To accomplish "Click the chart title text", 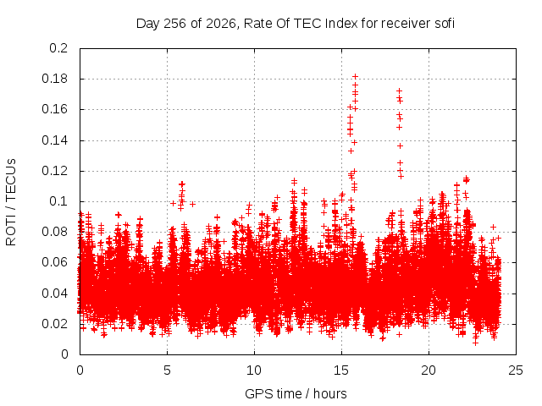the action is pos(296,24).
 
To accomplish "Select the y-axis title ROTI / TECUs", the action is pos(11,202).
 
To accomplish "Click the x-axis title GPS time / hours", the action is pos(296,393).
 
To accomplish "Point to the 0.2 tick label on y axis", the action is pos(58,48).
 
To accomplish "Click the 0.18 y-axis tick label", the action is pos(54,79).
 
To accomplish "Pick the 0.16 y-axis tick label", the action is pos(54,109).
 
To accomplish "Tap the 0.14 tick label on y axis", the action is pos(54,140).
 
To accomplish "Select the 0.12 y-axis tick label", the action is pos(54,171).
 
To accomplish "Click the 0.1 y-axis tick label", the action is pos(58,201).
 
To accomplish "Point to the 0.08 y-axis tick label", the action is pos(54,232).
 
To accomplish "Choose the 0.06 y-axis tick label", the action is pos(54,262).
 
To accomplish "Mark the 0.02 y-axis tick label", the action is pos(54,324).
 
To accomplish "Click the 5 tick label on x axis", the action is pos(168,370).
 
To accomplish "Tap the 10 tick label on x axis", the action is pos(254,370).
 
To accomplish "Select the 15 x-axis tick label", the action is pos(341,370).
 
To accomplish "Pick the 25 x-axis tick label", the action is pos(516,370).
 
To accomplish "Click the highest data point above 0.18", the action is pos(355,77).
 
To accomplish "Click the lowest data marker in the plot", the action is pos(476,343).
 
